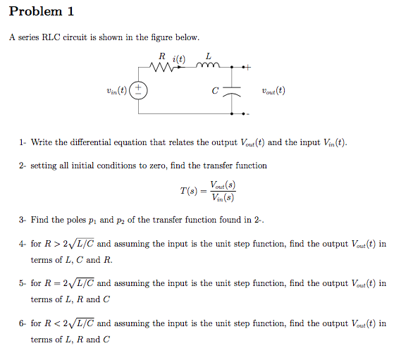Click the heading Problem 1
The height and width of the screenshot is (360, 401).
(42, 12)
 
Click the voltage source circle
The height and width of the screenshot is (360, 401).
(140, 91)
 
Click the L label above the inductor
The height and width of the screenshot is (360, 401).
(208, 56)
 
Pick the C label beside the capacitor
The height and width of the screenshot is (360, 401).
(214, 91)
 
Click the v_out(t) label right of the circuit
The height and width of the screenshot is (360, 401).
(273, 90)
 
